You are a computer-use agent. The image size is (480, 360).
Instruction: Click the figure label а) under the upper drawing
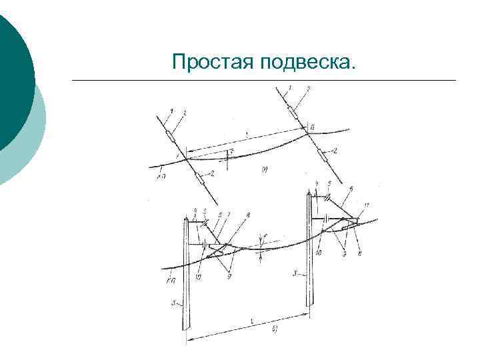pos(265,172)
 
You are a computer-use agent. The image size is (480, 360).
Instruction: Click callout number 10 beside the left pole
pos(199,276)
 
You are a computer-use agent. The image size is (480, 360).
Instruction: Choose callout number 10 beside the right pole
pos(320,253)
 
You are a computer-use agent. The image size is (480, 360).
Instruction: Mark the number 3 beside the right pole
pos(297,273)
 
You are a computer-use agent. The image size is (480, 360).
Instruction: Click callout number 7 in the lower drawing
pos(229,214)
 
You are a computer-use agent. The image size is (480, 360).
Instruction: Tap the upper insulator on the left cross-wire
pos(173,137)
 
